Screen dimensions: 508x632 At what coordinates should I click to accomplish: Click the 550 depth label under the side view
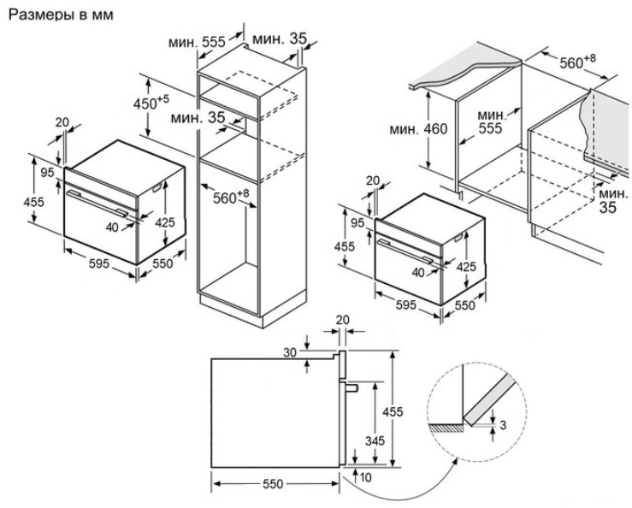pos(273,484)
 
